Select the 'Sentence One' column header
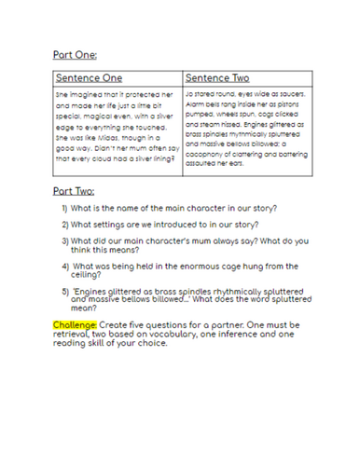89,77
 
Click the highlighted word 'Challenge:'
80,324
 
